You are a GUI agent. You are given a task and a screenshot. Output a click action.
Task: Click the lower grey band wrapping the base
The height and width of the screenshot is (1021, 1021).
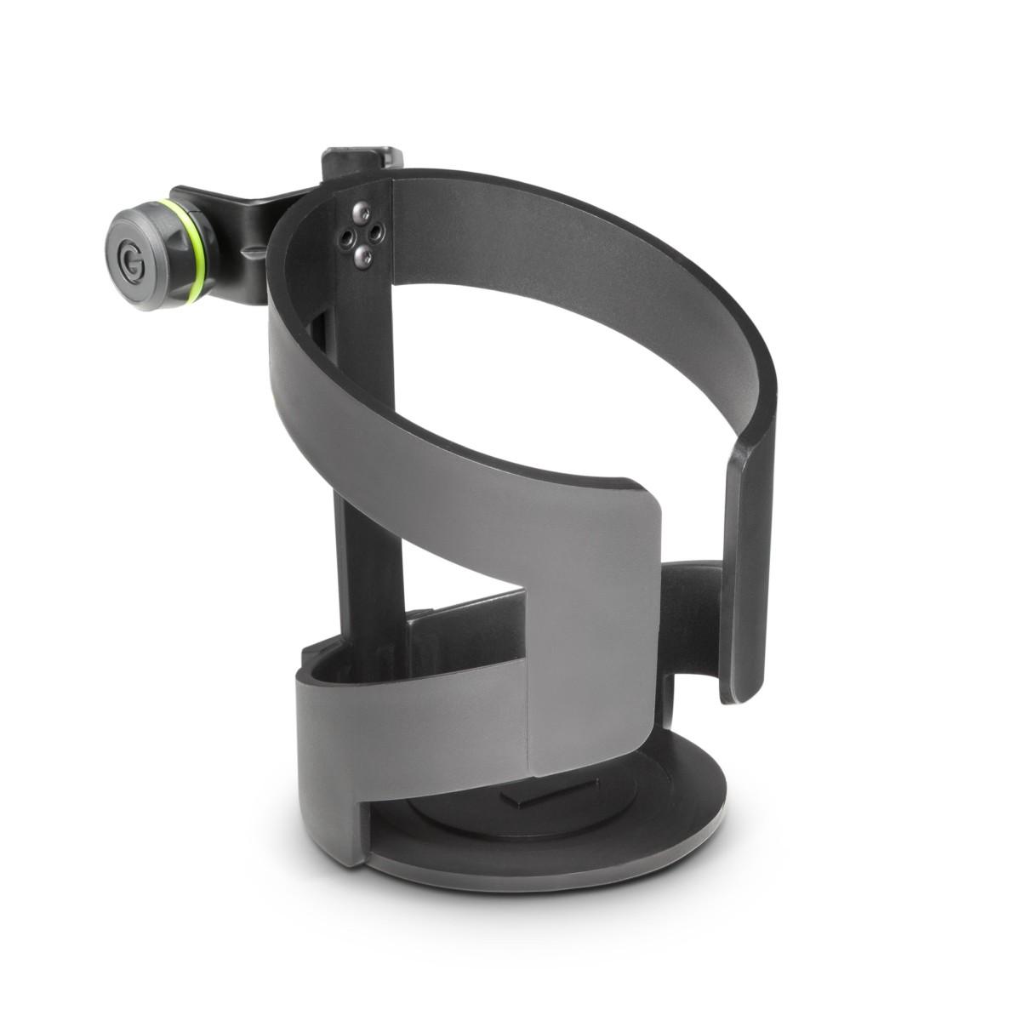[408, 723]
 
